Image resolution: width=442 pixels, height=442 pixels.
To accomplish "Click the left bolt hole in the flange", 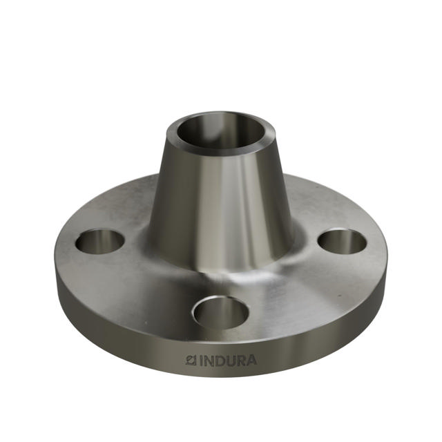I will pos(100,241).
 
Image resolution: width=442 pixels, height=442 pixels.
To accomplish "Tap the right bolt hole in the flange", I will pos(343,241).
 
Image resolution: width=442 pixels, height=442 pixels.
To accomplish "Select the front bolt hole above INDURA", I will pos(220,312).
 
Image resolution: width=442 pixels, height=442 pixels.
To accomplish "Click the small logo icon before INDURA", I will pos(192,360).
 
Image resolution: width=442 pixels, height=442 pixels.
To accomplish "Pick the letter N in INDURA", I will pos(209,360).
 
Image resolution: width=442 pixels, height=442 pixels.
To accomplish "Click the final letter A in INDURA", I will pos(251,360).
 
